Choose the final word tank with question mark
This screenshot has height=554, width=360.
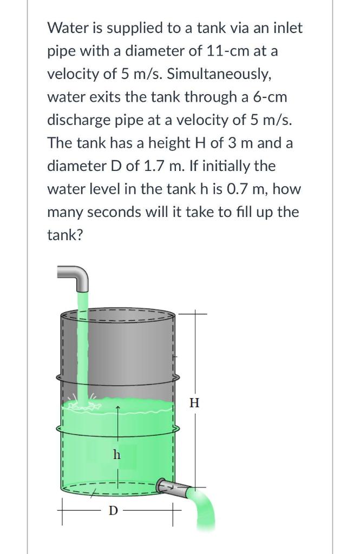(64, 235)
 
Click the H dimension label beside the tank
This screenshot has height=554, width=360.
(195, 403)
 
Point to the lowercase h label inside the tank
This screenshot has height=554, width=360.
(116, 454)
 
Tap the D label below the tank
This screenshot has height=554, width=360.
(113, 510)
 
